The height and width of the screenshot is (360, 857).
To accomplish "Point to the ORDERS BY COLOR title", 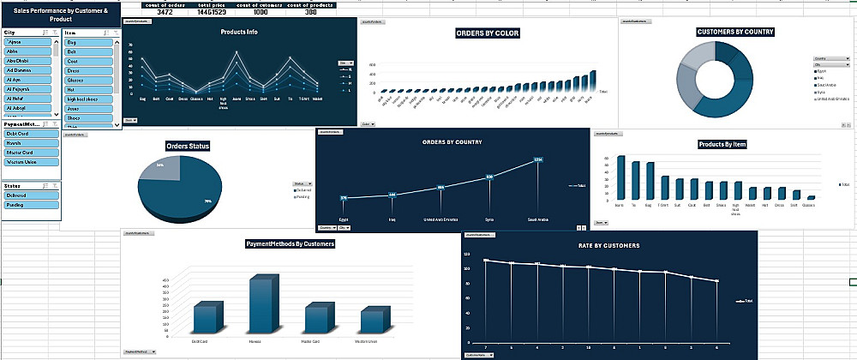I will [488, 33].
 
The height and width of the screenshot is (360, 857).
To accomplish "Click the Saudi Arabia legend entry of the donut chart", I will [827, 85].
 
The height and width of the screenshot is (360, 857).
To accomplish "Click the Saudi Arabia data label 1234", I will [538, 159].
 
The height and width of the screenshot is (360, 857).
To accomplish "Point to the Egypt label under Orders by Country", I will [344, 219].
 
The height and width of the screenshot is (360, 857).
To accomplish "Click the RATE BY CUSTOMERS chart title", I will [608, 246].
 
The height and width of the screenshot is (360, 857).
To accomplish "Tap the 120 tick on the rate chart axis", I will [468, 255].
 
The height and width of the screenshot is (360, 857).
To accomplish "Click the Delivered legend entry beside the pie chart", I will [303, 191].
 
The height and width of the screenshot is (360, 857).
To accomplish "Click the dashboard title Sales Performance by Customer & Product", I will [61, 15].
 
